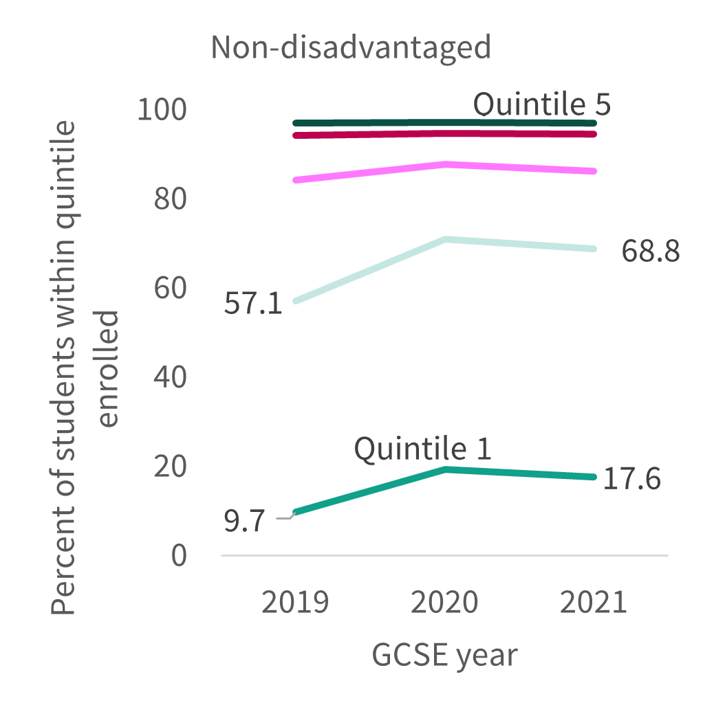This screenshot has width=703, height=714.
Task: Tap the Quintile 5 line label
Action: click(541, 104)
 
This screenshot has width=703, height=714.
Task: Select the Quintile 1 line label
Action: click(422, 449)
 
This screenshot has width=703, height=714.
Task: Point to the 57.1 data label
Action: click(253, 303)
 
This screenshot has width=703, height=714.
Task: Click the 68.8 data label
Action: click(651, 251)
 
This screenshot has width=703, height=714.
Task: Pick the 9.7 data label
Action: click(244, 521)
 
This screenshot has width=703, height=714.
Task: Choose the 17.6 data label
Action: click(632, 479)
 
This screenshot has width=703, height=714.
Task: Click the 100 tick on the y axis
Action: click(162, 110)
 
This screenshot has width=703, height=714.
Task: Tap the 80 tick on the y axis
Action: click(170, 199)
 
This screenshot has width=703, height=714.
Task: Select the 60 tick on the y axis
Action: click(170, 288)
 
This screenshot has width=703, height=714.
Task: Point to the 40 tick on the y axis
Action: click(170, 377)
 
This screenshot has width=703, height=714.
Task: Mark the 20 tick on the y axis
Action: click(170, 467)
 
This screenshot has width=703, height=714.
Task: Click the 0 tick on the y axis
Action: click(179, 555)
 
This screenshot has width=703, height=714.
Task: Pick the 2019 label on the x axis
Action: click(295, 602)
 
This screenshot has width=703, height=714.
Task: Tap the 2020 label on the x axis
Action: click(444, 602)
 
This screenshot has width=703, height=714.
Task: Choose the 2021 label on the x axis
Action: click(594, 602)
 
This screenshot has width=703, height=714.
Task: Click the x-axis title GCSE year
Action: click(444, 655)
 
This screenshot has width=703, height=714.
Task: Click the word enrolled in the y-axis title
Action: click(109, 369)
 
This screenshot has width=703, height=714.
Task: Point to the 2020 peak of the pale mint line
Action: click(445, 239)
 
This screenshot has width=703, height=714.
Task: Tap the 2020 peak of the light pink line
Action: click(445, 164)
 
